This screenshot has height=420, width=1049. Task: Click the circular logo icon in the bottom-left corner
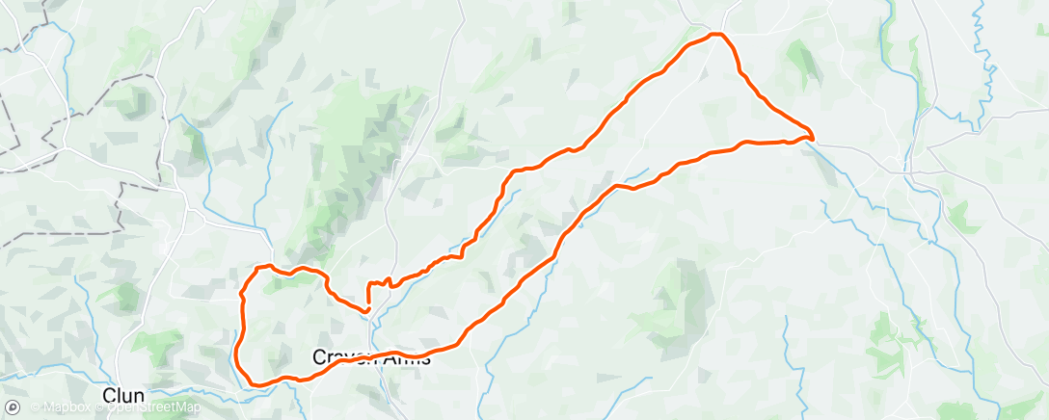(x=12, y=407)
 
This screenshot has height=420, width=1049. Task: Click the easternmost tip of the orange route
(x=813, y=136)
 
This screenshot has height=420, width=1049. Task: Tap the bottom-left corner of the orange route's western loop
(x=253, y=383)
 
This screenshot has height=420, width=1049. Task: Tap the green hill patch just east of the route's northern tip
(x=800, y=63)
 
